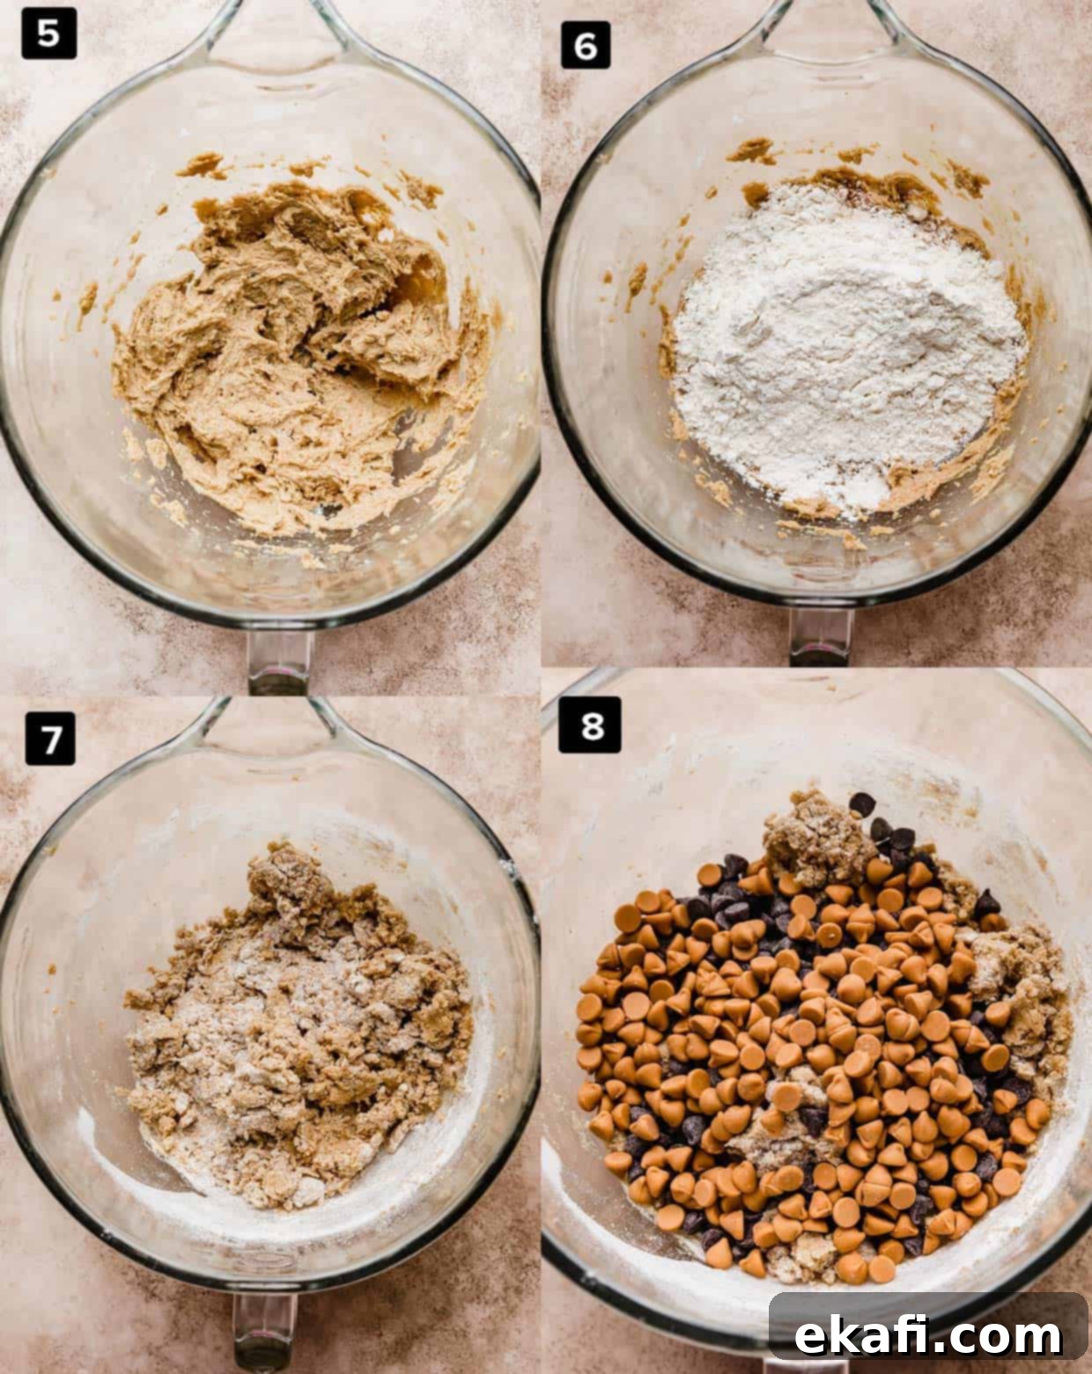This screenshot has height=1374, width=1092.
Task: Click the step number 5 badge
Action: pyautogui.click(x=49, y=33)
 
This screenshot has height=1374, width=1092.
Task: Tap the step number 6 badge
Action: pyautogui.click(x=586, y=45)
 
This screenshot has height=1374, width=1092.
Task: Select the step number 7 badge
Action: pyautogui.click(x=50, y=738)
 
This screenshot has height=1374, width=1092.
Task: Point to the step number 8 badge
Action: pyautogui.click(x=589, y=724)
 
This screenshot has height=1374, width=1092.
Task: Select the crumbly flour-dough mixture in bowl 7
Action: pyautogui.click(x=297, y=1028)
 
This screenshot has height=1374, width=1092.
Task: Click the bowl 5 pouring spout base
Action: pyautogui.click(x=278, y=661)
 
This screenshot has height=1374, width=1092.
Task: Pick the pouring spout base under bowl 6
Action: pyautogui.click(x=821, y=636)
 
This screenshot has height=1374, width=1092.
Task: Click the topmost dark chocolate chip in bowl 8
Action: pyautogui.click(x=863, y=804)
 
